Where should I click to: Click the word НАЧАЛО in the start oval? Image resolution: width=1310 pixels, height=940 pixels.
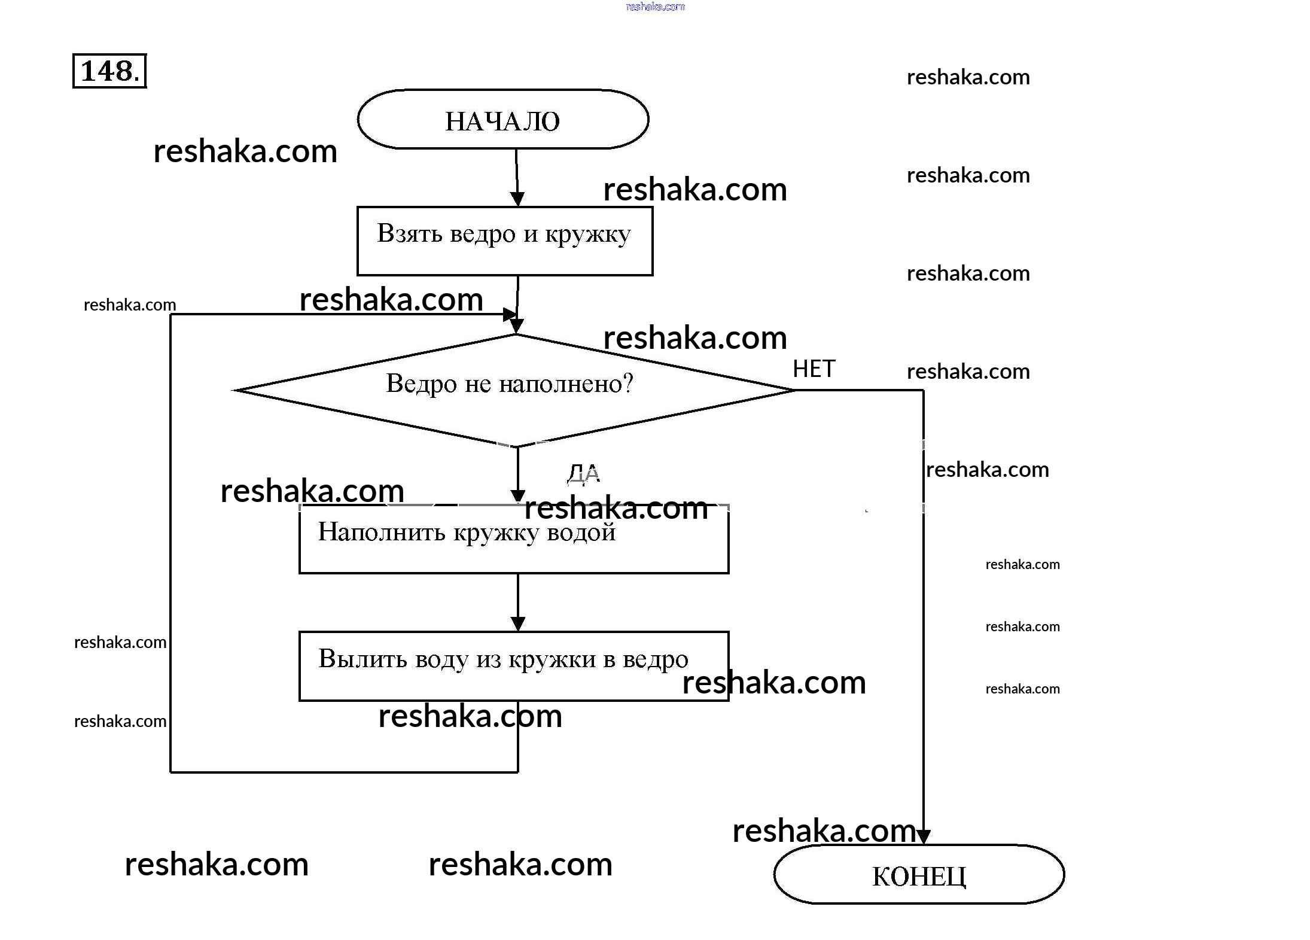tap(502, 121)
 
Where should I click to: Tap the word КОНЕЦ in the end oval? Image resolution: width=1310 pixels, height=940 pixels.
tap(919, 877)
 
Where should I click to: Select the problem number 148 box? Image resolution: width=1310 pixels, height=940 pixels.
tap(109, 71)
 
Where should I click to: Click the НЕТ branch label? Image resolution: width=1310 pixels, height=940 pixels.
tap(814, 369)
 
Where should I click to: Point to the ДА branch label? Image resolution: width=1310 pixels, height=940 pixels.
tap(583, 473)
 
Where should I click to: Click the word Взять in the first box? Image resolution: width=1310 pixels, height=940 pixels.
tap(409, 233)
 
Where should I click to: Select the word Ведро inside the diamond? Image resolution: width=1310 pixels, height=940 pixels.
tap(421, 384)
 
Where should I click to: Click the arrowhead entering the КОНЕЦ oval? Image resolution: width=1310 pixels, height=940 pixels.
tap(923, 836)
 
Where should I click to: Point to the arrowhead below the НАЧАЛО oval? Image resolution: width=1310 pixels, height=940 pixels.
tap(517, 199)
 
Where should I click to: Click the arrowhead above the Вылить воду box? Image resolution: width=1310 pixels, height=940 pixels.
tap(518, 623)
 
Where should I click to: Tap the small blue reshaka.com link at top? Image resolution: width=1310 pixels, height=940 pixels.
tap(655, 7)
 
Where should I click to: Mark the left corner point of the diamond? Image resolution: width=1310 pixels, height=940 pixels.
tap(234, 390)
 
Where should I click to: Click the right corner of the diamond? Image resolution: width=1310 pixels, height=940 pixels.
tap(793, 390)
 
